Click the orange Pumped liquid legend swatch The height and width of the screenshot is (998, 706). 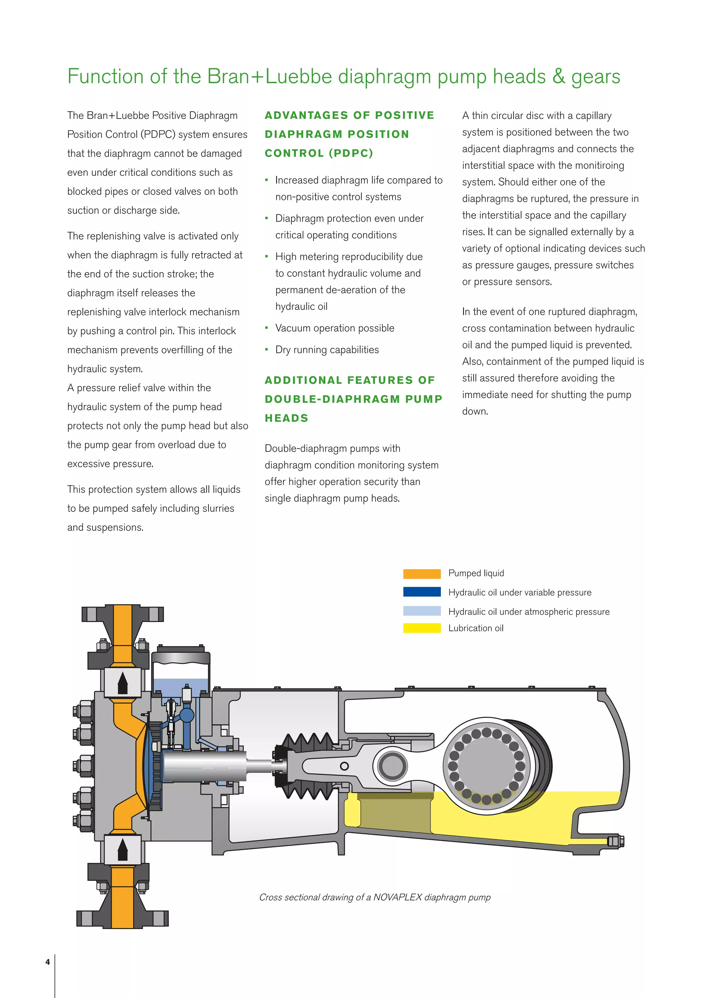pos(422,574)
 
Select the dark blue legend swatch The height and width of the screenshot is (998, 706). pos(422,592)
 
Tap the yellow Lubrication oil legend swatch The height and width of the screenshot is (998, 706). pos(422,628)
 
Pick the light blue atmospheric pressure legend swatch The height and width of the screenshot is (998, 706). pos(422,611)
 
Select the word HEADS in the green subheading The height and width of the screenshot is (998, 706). pos(286,418)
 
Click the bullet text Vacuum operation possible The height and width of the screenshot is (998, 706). pos(334,328)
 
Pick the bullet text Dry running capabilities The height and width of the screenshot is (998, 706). pos(327,350)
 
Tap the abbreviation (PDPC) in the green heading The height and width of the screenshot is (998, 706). pos(351,153)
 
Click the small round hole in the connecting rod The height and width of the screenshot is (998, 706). pos(344,766)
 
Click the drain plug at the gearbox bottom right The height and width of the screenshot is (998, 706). pos(615,841)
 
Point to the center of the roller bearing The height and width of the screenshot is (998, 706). pos(486,765)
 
